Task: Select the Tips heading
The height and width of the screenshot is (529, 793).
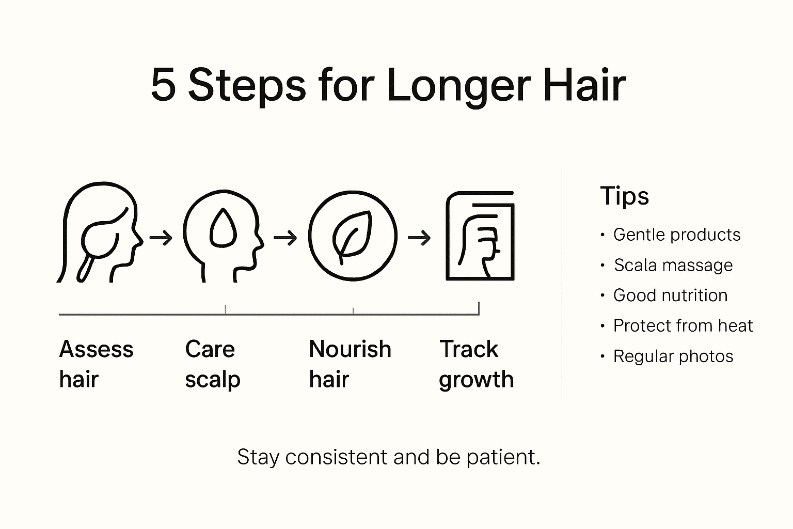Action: click(x=624, y=196)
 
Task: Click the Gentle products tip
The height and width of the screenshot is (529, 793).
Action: click(x=676, y=235)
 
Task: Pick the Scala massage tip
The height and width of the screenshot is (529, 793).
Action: click(x=673, y=266)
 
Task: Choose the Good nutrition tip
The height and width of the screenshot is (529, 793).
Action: click(x=670, y=295)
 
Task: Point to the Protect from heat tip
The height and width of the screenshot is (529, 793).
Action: click(x=683, y=326)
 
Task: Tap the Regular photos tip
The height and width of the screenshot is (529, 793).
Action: click(x=673, y=356)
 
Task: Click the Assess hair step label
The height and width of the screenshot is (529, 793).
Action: click(x=96, y=364)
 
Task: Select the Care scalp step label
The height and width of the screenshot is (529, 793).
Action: click(x=212, y=364)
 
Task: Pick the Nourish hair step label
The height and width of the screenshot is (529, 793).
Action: click(x=350, y=364)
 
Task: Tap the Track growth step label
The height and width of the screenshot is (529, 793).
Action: click(x=476, y=364)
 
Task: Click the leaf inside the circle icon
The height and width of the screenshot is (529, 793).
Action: click(x=352, y=235)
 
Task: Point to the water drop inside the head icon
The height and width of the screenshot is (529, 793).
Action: click(x=223, y=228)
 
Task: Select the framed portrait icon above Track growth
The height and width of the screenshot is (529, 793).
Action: click(x=480, y=236)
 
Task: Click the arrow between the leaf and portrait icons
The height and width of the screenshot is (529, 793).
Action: click(x=419, y=238)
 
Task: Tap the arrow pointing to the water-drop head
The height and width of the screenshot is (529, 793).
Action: click(x=161, y=238)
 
